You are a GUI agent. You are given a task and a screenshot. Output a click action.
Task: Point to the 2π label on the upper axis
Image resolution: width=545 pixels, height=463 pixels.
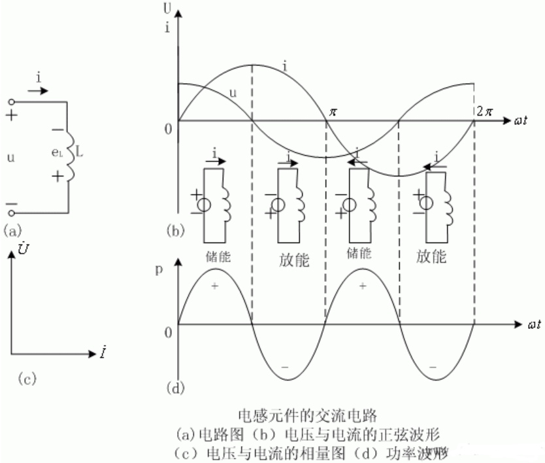pos(486,111)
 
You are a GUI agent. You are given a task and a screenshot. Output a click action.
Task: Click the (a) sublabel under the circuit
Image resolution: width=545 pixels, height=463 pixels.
pos(14,230)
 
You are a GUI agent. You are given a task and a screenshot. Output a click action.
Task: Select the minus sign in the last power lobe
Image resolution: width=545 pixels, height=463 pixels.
pos(433,368)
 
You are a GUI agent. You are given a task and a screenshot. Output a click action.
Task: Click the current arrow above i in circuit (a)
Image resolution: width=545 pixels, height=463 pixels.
pos(38,90)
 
